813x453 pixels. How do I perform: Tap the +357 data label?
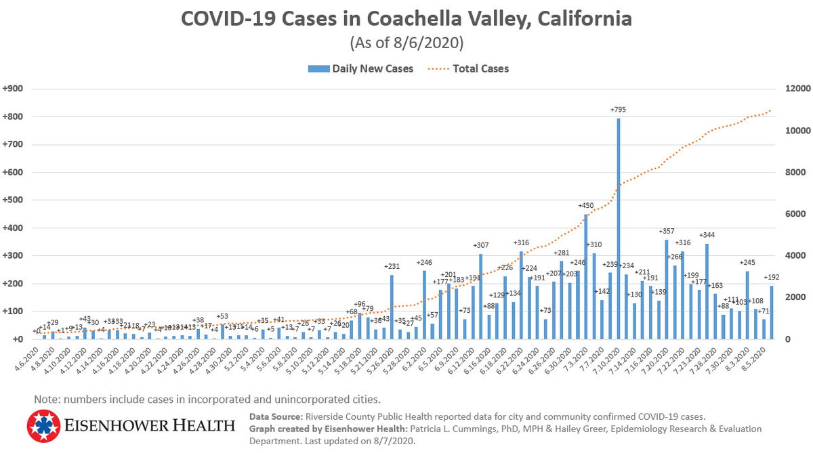(x=667, y=232)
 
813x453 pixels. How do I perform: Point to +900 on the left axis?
(x=14, y=89)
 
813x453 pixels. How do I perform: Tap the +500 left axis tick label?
(x=14, y=200)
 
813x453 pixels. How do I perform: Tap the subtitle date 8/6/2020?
(x=430, y=43)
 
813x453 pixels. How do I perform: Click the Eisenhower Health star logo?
(x=44, y=426)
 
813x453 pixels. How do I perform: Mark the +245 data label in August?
(x=747, y=263)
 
